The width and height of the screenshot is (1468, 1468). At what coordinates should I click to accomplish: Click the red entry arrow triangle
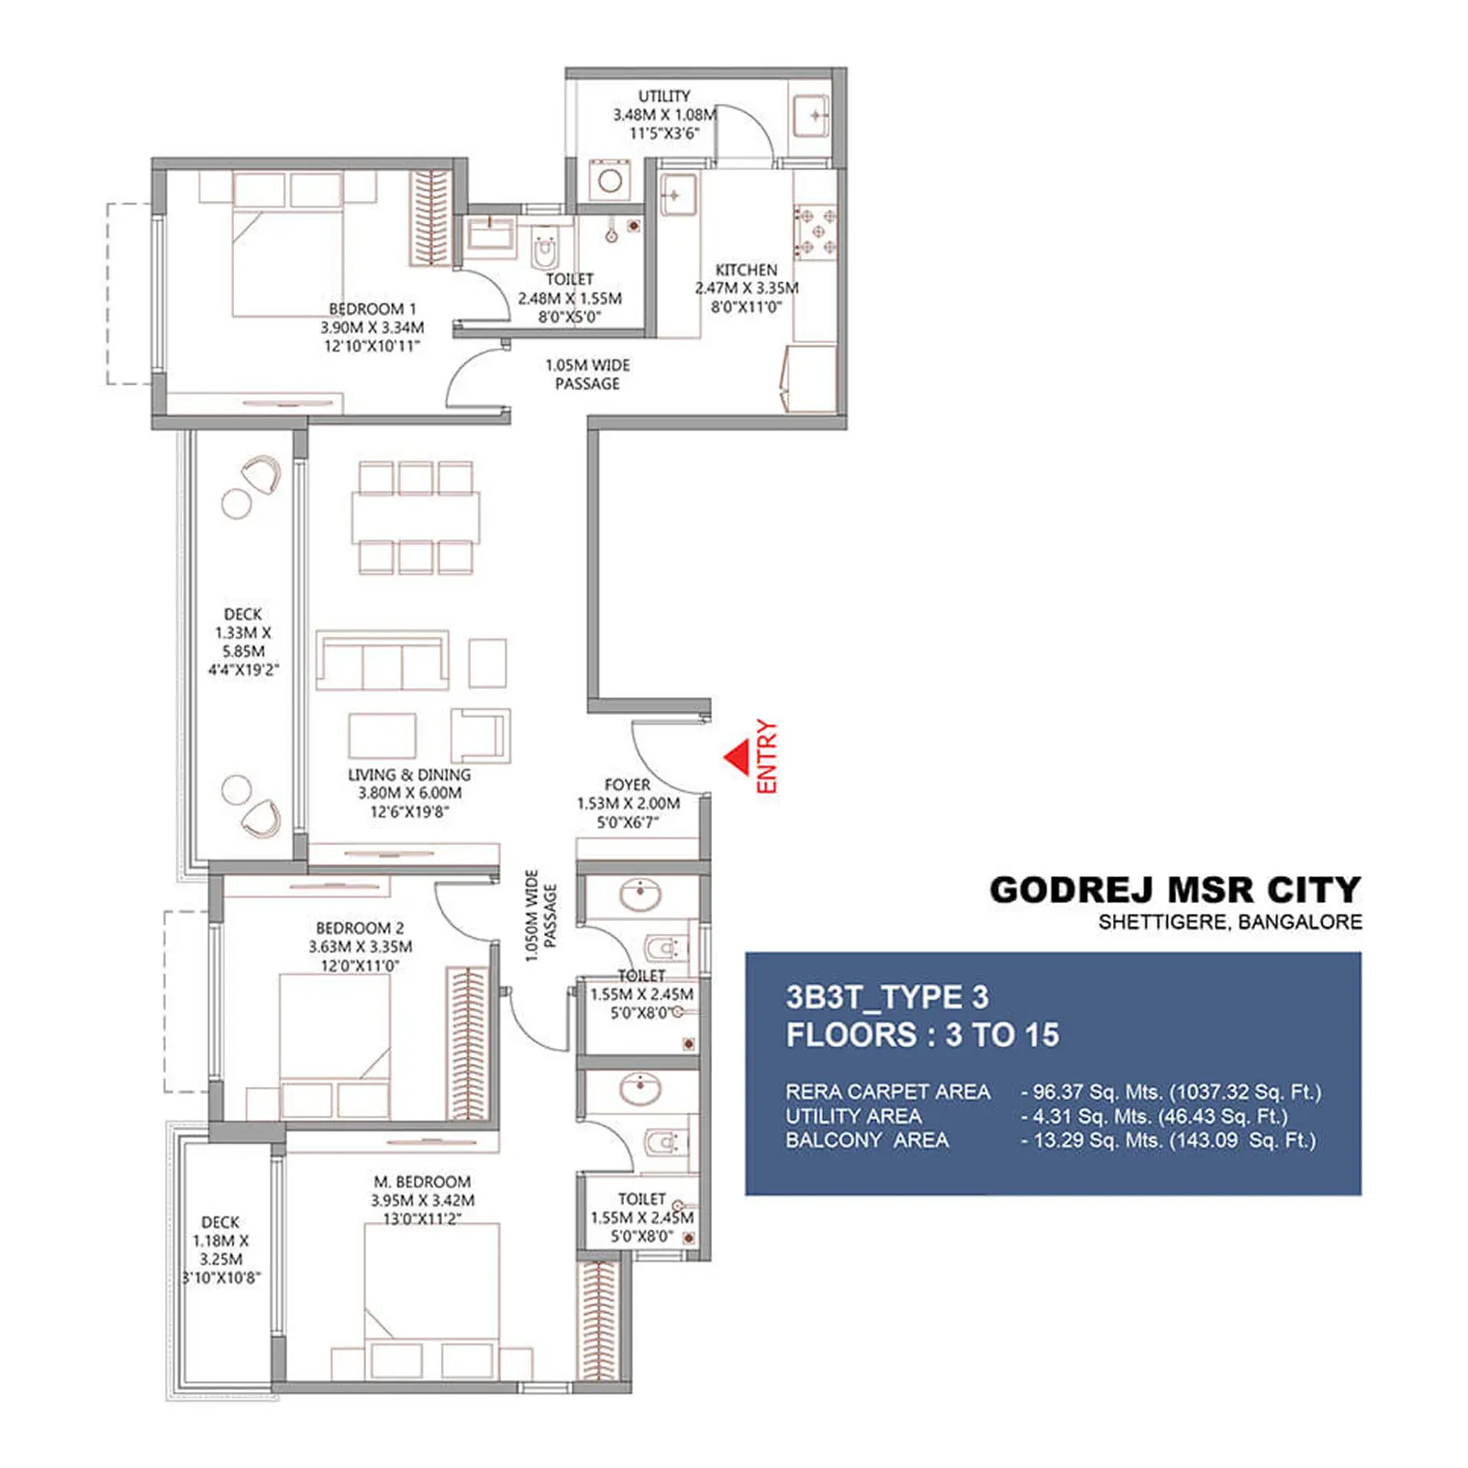(737, 759)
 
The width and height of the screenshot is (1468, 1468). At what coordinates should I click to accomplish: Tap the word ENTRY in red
(767, 757)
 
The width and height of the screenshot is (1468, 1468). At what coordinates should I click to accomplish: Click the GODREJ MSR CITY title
(1174, 890)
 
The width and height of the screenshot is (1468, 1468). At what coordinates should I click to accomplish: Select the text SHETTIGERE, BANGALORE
(1229, 922)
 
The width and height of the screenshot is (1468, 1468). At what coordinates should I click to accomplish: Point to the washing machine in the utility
(610, 180)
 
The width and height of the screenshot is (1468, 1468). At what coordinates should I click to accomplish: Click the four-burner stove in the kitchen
(815, 232)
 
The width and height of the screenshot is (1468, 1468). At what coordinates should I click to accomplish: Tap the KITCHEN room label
(746, 270)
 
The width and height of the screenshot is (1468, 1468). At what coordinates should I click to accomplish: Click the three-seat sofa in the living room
(383, 661)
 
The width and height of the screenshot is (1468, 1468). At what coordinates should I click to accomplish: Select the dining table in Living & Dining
(416, 518)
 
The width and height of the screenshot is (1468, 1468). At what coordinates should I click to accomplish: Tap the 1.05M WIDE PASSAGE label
(587, 374)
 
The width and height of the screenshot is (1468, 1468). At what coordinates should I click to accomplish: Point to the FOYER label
(628, 785)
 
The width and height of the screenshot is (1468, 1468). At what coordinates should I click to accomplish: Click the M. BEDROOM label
(422, 1182)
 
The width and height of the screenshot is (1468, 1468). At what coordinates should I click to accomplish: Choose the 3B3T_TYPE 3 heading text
(887, 997)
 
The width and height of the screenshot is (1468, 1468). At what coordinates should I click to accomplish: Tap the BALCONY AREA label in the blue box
(867, 1140)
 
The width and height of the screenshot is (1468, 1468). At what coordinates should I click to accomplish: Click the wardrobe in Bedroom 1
(429, 217)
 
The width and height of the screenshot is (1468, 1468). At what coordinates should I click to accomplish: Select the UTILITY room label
(664, 96)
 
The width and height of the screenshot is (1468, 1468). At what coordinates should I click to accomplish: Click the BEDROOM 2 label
(360, 929)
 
